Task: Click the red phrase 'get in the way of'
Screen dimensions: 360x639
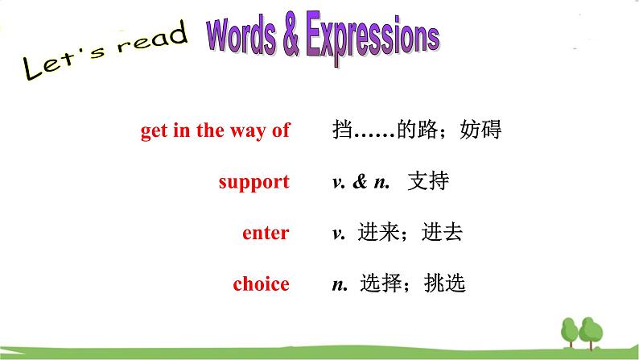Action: (x=215, y=130)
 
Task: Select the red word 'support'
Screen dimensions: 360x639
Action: (x=254, y=182)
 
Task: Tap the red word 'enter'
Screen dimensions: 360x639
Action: (x=266, y=234)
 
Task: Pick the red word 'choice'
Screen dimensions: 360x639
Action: (x=261, y=284)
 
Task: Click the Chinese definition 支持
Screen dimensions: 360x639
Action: (x=427, y=182)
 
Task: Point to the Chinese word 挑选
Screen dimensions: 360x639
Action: (x=447, y=284)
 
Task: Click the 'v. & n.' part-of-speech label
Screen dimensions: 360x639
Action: (x=361, y=183)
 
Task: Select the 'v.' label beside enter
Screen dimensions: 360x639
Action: (x=339, y=234)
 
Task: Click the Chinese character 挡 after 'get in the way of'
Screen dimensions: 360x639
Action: (x=341, y=130)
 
